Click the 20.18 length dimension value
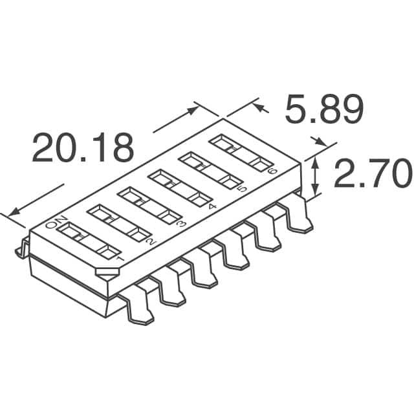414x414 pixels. pyautogui.click(x=83, y=148)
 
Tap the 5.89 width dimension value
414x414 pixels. pyautogui.click(x=323, y=110)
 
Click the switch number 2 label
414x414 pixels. pyautogui.click(x=151, y=242)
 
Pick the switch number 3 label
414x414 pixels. pyautogui.click(x=182, y=224)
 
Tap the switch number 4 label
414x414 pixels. pyautogui.click(x=212, y=207)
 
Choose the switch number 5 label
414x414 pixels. pyautogui.click(x=242, y=189)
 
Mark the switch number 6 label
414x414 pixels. pyautogui.click(x=271, y=171)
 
